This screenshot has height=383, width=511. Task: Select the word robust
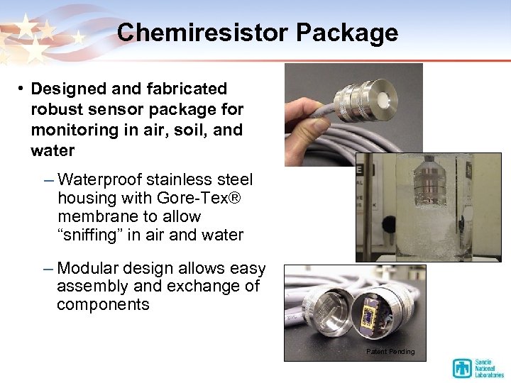[x=54, y=110]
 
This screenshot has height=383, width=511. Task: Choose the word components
[x=103, y=305]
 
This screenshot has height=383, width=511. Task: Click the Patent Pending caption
[x=390, y=352]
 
